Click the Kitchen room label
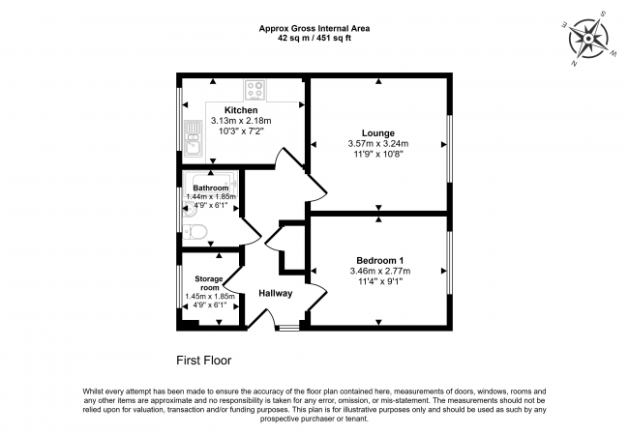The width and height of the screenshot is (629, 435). [x=241, y=110]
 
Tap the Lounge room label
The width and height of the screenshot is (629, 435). [x=378, y=132]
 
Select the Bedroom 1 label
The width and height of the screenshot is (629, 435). [x=378, y=261]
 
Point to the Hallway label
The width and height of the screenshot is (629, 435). [x=276, y=294]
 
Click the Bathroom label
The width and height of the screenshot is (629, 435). [x=210, y=188]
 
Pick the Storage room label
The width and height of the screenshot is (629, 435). [x=210, y=283]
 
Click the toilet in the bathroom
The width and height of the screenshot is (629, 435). [x=196, y=231]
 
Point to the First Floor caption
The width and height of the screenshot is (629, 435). [x=203, y=360]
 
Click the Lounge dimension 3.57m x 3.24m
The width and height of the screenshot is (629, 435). [x=378, y=144]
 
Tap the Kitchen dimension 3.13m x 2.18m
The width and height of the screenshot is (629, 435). [x=241, y=121]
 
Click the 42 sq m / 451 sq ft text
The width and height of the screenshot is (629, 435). [x=314, y=40]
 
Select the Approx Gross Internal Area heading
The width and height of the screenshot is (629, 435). [x=314, y=29]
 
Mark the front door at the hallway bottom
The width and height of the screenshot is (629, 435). [x=287, y=328]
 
